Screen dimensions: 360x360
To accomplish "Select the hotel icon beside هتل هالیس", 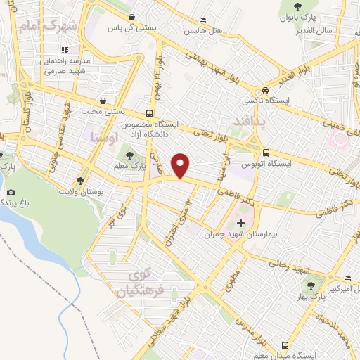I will click(x=203, y=20).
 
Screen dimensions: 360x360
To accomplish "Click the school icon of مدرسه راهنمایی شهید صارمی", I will click(x=65, y=50).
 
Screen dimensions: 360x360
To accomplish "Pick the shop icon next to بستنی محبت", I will click(x=103, y=101).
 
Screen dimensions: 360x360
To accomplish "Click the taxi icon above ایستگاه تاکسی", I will click(x=265, y=90).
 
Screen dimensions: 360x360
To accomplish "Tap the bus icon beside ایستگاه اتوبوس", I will click(x=265, y=153).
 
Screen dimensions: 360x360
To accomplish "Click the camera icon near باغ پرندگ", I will click(x=11, y=192).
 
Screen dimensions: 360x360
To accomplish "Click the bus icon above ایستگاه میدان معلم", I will click(x=285, y=345).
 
